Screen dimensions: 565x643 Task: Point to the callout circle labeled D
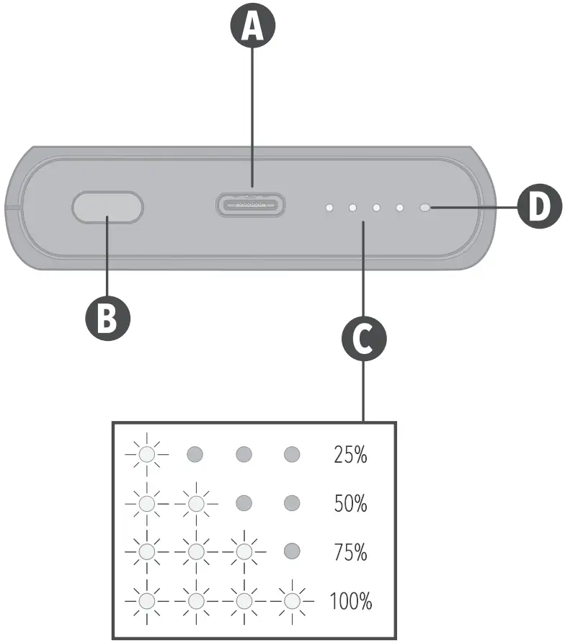(539, 208)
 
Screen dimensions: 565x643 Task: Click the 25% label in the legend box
(350, 455)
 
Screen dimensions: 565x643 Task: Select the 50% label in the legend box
(350, 504)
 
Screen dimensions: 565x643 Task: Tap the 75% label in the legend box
(350, 553)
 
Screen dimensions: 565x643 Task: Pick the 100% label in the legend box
(350, 601)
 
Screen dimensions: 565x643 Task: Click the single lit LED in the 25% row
(147, 454)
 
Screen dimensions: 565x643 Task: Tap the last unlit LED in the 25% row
(292, 454)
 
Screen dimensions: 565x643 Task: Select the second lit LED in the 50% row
(195, 503)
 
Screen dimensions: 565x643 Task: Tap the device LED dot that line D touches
(425, 208)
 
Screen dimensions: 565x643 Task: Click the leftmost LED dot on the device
(329, 208)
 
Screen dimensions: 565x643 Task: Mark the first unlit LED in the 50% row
(244, 503)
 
